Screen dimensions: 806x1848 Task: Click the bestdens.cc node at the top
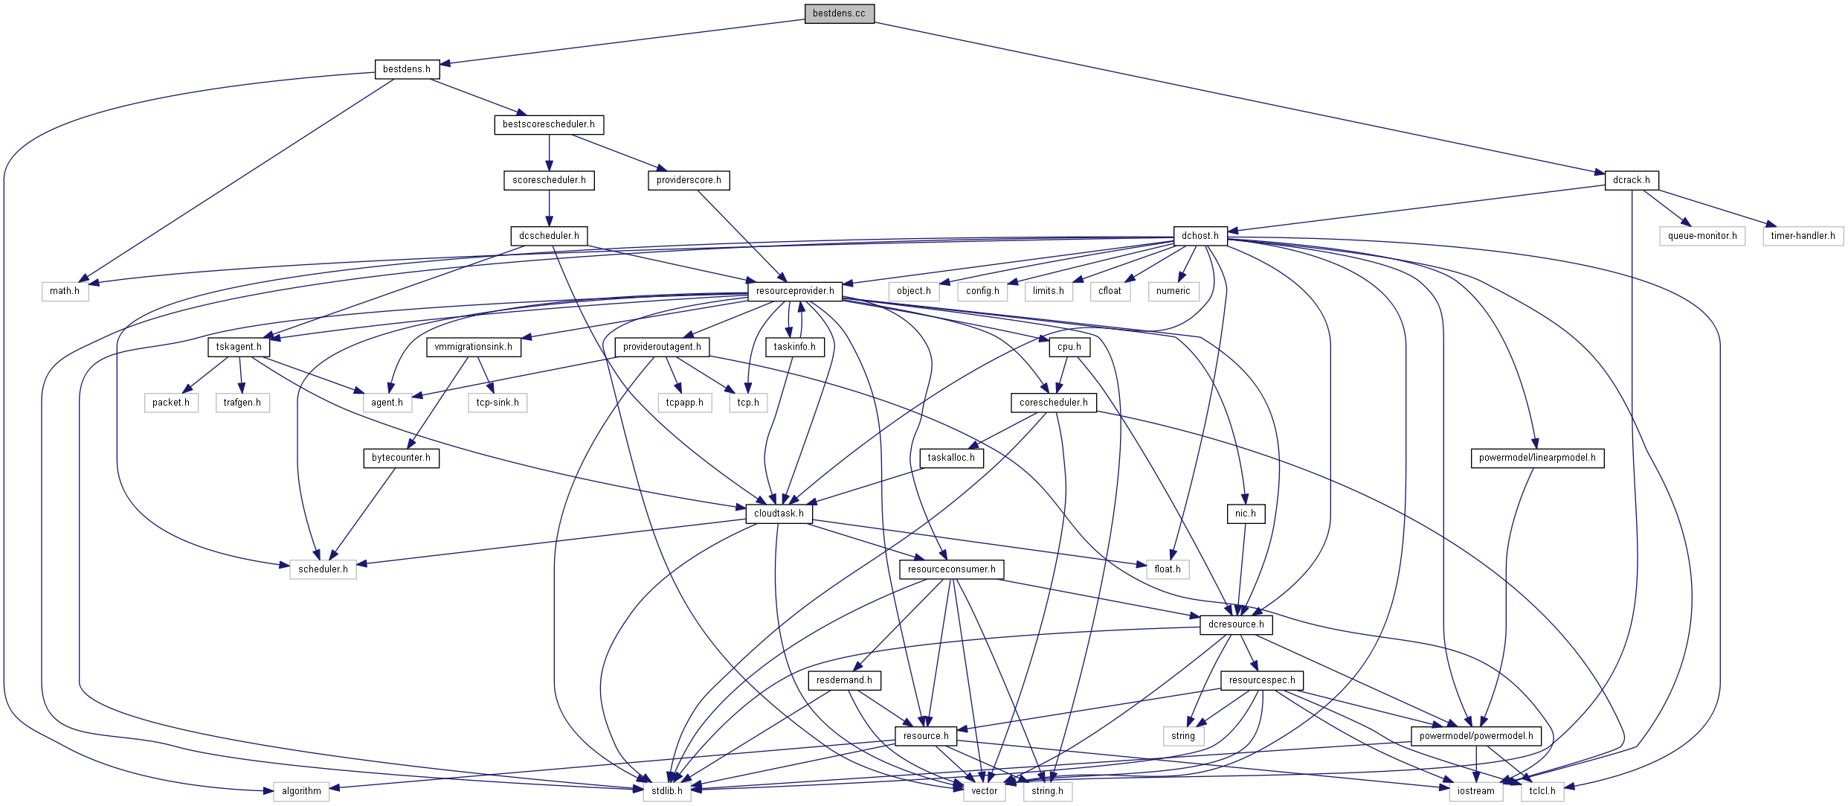pyautogui.click(x=839, y=13)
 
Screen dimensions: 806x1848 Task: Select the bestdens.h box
pyautogui.click(x=407, y=69)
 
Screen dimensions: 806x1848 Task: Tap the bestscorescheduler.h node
pyautogui.click(x=549, y=124)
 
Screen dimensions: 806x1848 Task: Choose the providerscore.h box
pyautogui.click(x=689, y=180)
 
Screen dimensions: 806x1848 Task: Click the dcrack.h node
pyautogui.click(x=1632, y=180)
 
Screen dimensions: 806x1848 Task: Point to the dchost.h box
pyautogui.click(x=1200, y=236)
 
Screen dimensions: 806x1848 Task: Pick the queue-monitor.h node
pyautogui.click(x=1702, y=236)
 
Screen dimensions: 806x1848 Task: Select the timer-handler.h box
pyautogui.click(x=1803, y=236)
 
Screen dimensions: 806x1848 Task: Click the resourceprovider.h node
pyautogui.click(x=795, y=291)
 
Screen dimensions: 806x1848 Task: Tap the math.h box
pyautogui.click(x=65, y=291)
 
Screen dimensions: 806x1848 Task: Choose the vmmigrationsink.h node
pyautogui.click(x=474, y=347)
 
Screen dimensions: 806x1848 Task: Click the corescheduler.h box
pyautogui.click(x=1054, y=403)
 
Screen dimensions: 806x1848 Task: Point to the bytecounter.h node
pyautogui.click(x=402, y=458)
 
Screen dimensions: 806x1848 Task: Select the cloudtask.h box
pyautogui.click(x=779, y=514)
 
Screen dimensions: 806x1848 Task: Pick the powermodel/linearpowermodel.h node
pyautogui.click(x=1537, y=458)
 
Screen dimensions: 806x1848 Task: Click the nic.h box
pyautogui.click(x=1246, y=514)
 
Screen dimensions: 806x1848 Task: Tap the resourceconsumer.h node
pyautogui.click(x=952, y=569)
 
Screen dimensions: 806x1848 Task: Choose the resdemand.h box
pyautogui.click(x=844, y=680)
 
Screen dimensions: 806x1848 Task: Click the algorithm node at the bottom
pyautogui.click(x=301, y=791)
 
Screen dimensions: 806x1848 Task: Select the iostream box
pyautogui.click(x=1476, y=791)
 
